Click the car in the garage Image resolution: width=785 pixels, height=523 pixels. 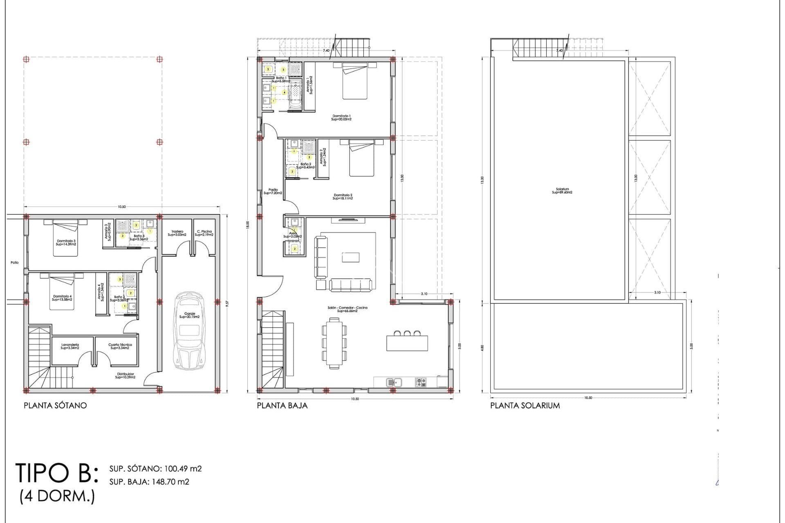[188, 331]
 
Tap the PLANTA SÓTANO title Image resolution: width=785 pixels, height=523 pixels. [55, 406]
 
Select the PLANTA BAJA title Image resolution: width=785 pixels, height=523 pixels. [282, 406]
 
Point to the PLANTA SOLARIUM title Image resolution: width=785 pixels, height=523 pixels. [525, 406]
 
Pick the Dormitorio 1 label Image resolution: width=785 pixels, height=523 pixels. [341, 118]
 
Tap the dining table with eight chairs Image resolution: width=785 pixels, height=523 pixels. [334, 342]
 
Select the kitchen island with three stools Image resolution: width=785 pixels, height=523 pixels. [407, 342]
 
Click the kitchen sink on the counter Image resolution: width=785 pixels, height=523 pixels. [394, 382]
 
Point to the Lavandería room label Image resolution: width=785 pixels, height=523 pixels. [70, 346]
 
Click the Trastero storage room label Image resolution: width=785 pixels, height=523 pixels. [177, 233]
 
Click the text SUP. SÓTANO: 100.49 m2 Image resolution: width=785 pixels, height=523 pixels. [155, 469]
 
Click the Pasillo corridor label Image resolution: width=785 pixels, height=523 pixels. [273, 191]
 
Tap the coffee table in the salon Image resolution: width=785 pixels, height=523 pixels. [350, 257]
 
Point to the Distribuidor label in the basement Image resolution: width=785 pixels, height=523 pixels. [125, 375]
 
